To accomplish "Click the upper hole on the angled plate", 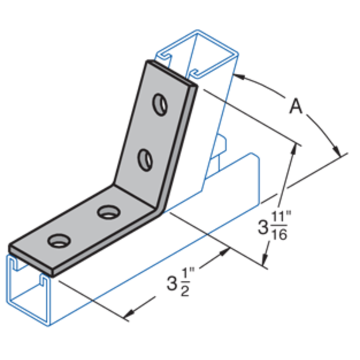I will pyautogui.click(x=160, y=104).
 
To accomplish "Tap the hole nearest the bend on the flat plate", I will pyautogui.click(x=107, y=213).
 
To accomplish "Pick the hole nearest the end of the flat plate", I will pyautogui.click(x=58, y=240).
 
